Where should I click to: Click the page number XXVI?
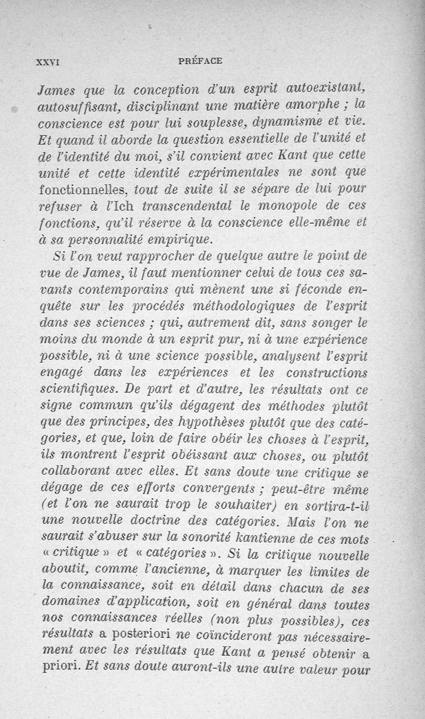(x=47, y=61)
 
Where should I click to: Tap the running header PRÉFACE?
(x=200, y=61)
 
